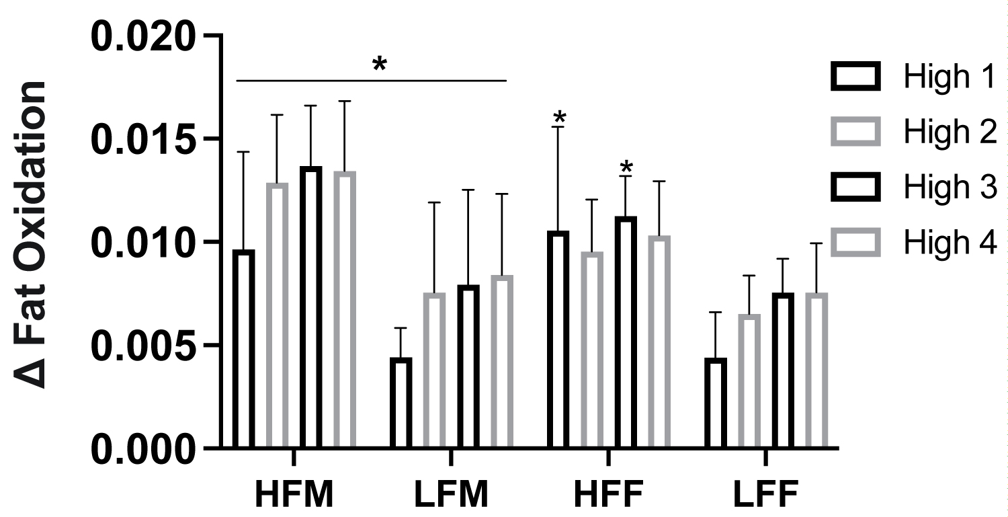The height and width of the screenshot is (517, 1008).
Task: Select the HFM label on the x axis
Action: coord(294,495)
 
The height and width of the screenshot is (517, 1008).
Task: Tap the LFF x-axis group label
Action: coord(765,495)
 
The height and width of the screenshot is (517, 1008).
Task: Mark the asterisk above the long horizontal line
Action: coord(380,65)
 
